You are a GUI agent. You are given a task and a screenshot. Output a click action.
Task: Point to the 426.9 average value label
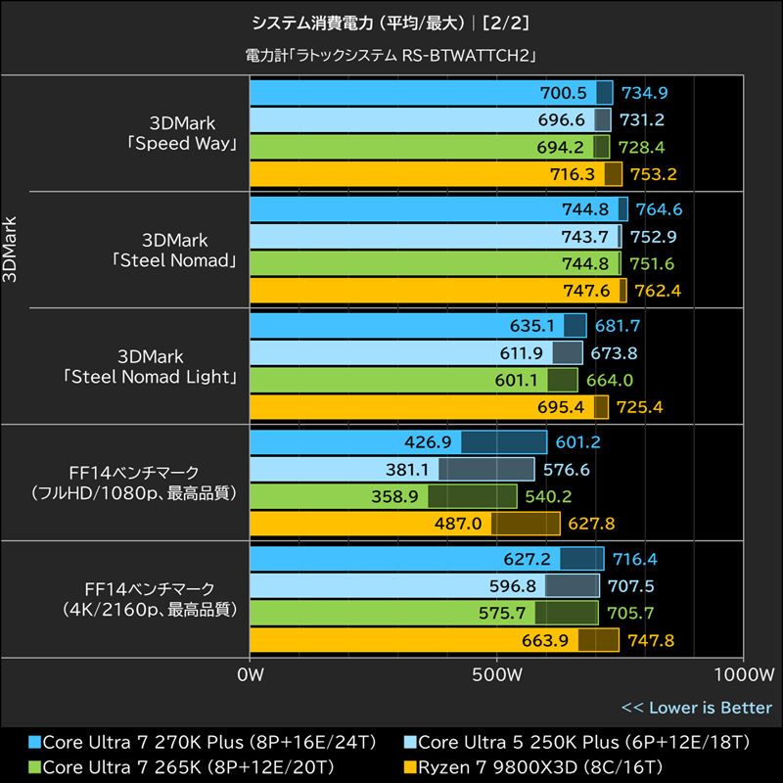click(x=428, y=442)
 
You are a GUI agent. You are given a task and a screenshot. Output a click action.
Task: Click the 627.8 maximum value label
click(x=590, y=524)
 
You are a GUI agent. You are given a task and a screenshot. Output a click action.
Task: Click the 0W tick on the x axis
click(x=251, y=675)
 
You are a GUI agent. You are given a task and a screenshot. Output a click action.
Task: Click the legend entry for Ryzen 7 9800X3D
click(x=533, y=765)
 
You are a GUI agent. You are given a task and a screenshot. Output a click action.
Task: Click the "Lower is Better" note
click(x=696, y=708)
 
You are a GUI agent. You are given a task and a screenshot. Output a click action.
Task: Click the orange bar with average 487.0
click(x=405, y=524)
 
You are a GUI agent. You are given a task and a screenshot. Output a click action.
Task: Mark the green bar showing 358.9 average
click(x=383, y=496)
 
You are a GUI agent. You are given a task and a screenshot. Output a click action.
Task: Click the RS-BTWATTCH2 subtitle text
click(x=391, y=56)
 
